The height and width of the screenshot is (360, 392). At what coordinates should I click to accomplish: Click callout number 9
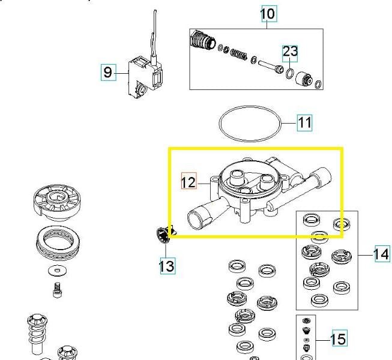point(107,73)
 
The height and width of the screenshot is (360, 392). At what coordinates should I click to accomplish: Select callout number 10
point(268,13)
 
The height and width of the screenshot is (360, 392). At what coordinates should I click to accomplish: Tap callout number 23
point(290,52)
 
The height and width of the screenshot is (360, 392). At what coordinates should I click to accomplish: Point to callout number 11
point(305,123)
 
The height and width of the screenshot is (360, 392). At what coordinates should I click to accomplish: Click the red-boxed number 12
point(188,181)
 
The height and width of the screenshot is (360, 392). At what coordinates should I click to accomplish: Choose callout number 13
point(167,265)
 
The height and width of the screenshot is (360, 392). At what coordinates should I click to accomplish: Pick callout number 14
point(381,254)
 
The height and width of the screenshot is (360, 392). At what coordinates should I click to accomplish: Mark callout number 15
point(338,339)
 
